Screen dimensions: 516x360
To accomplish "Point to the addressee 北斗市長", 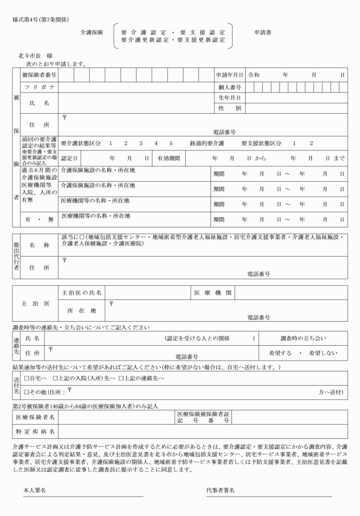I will point(30,57).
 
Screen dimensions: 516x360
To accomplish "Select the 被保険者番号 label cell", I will point(39,75).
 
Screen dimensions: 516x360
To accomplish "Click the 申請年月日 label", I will point(230,75).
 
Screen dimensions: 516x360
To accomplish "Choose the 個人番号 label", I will point(230,87).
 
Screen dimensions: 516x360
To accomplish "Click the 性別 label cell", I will point(230,108).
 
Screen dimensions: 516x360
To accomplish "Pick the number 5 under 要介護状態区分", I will point(170,143).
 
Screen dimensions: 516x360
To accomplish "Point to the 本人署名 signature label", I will point(34,490).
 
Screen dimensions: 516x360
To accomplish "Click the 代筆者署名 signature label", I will point(221,490).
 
